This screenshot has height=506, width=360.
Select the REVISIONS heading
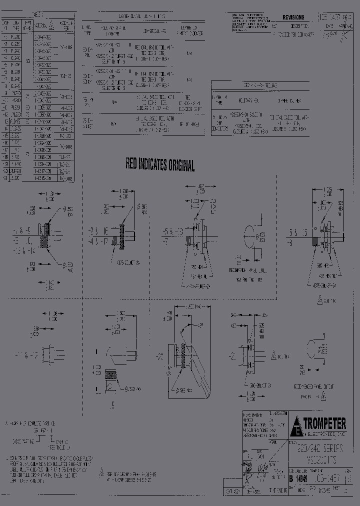point(293,17)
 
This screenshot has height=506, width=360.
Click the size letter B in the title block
point(290,478)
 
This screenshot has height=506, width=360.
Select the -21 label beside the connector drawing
point(233,356)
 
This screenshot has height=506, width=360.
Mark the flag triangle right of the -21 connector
point(274,356)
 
